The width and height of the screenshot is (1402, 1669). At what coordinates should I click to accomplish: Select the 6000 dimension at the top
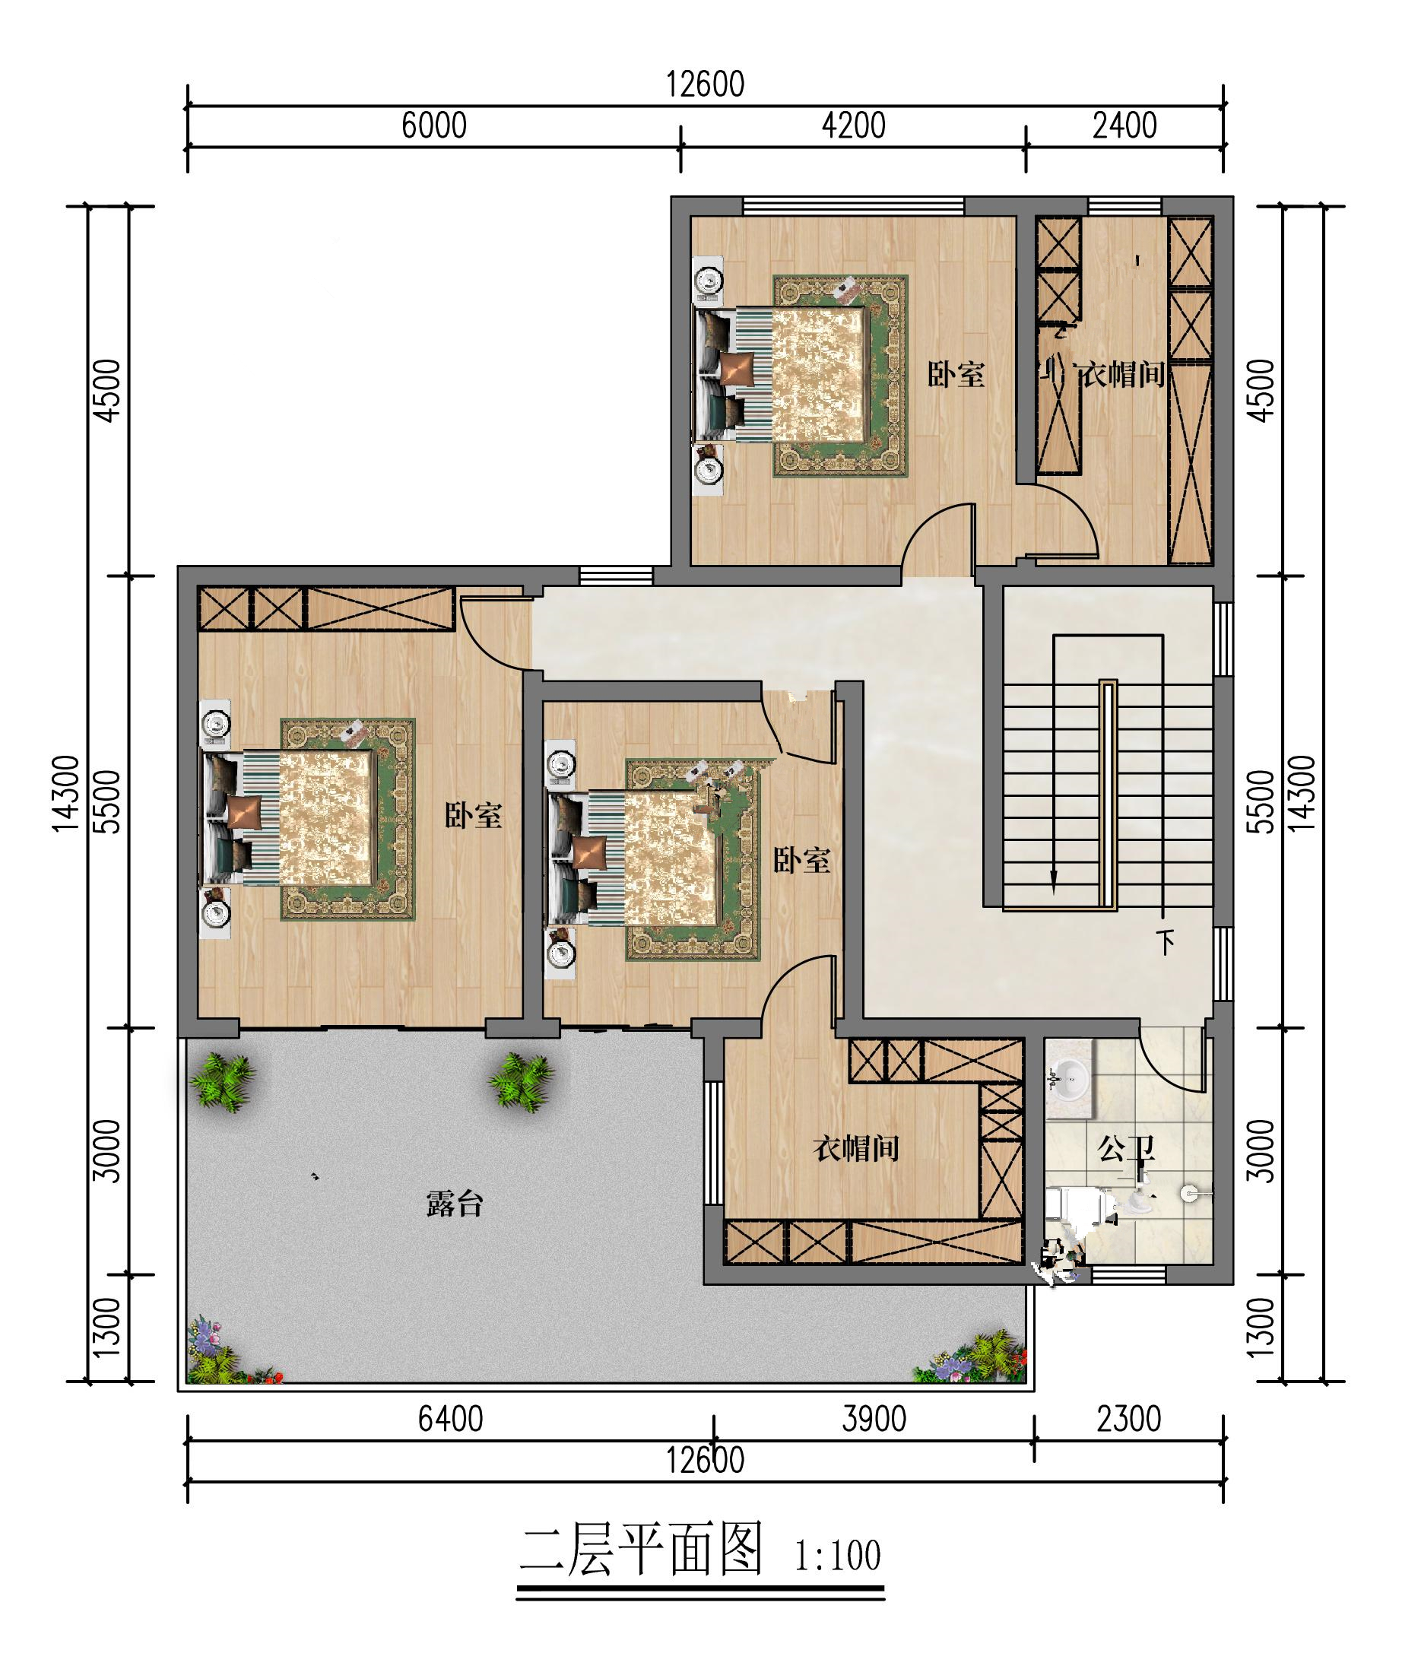pyautogui.click(x=434, y=125)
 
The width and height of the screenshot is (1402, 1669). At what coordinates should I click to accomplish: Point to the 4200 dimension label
pyautogui.click(x=854, y=125)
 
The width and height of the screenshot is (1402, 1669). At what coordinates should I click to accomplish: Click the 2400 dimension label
pyautogui.click(x=1124, y=125)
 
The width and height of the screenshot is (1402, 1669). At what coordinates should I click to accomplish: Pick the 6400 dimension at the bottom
pyautogui.click(x=451, y=1420)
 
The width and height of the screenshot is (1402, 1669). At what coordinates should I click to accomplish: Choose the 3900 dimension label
pyautogui.click(x=874, y=1420)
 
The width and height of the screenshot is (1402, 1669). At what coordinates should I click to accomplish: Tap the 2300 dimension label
pyautogui.click(x=1128, y=1420)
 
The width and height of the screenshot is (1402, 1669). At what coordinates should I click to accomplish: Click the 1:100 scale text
pyautogui.click(x=838, y=1556)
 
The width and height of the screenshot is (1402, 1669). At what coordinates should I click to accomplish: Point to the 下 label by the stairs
pyautogui.click(x=1166, y=943)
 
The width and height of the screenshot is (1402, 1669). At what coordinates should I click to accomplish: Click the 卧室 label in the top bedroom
pyautogui.click(x=956, y=374)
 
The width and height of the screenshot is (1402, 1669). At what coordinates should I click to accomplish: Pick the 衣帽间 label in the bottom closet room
pyautogui.click(x=856, y=1148)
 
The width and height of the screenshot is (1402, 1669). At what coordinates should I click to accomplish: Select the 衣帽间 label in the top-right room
pyautogui.click(x=1121, y=374)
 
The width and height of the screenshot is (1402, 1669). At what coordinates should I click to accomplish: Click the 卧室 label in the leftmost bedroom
pyautogui.click(x=473, y=815)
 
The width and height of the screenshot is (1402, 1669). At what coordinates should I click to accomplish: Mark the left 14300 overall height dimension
pyautogui.click(x=67, y=794)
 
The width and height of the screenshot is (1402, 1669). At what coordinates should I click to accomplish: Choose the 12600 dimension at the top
pyautogui.click(x=705, y=84)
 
